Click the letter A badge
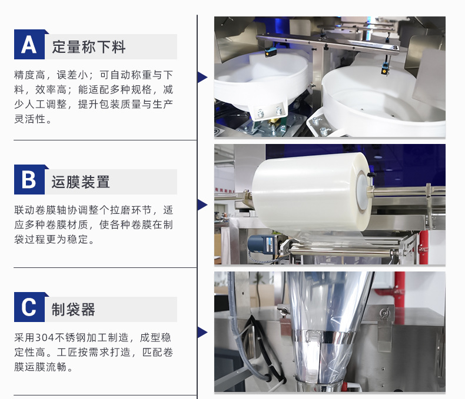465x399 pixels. click(29, 45)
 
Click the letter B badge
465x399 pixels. click(29, 180)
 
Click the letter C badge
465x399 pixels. click(29, 307)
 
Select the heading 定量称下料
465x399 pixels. click(89, 47)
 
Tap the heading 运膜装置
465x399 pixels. click(81, 182)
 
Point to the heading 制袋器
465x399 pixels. click(73, 309)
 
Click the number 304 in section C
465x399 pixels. click(45, 337)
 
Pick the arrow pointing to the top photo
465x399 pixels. click(202, 77)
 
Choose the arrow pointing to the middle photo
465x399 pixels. click(202, 205)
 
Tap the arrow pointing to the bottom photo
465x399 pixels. click(202, 333)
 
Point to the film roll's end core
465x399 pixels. click(363, 189)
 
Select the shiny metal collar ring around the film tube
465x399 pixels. click(323, 337)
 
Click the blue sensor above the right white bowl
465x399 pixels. click(385, 69)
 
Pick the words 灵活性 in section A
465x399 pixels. click(30, 119)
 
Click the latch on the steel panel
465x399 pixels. click(385, 313)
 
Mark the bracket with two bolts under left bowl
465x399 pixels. click(269, 111)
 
